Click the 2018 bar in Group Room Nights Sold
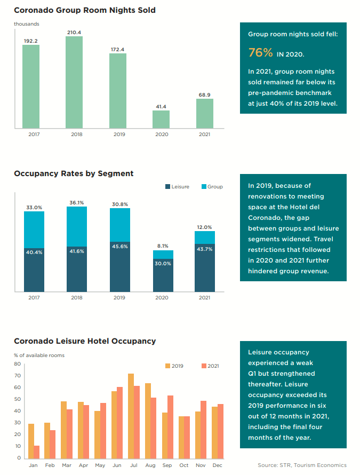pos(74,82)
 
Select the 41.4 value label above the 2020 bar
pos(161,107)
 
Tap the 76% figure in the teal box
pos(261,52)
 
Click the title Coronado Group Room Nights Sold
pos(85,10)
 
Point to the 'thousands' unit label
pos(26,24)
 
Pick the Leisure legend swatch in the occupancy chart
pos(167,187)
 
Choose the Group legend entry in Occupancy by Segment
pos(212,187)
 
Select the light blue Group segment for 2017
pos(34,229)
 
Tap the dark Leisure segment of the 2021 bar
pos(205,270)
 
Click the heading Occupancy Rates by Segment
pos(74,173)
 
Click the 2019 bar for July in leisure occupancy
pos(131,416)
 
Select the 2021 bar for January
pos(36,452)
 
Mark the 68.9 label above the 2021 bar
pos(205,94)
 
